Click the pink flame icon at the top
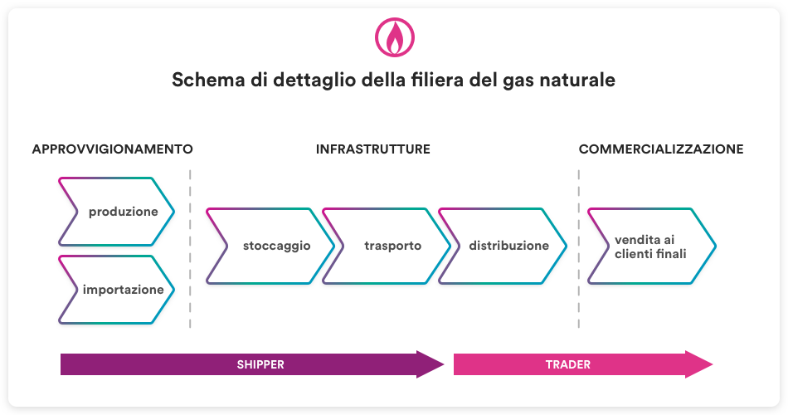(x=394, y=37)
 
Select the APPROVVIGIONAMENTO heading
(x=112, y=149)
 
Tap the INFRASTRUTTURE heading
(x=372, y=149)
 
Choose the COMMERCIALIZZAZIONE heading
(x=660, y=149)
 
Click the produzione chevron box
(x=117, y=212)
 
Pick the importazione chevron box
(x=117, y=290)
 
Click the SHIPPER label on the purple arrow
(x=260, y=364)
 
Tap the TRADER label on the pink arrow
(x=567, y=364)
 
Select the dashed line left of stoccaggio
(x=190, y=248)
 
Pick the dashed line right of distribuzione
(x=578, y=248)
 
